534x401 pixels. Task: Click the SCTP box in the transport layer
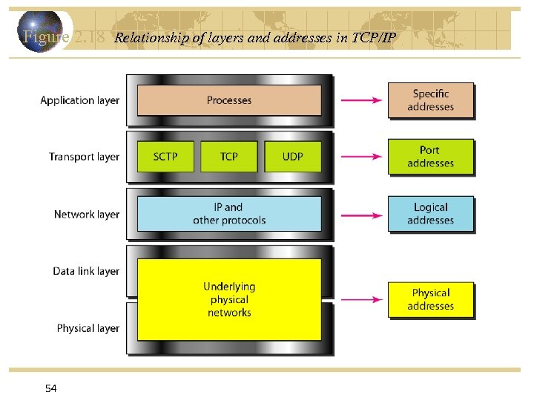point(165,157)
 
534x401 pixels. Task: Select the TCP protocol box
point(229,157)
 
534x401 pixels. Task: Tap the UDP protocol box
point(293,157)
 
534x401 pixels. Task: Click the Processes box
point(229,100)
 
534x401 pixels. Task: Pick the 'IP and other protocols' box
point(229,214)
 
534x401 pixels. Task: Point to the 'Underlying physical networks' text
point(229,299)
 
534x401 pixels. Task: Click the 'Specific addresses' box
point(430,100)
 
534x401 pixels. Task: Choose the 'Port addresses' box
point(430,157)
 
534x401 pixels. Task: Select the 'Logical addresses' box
point(430,214)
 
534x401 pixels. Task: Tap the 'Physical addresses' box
point(430,299)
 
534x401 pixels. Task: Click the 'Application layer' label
point(79,100)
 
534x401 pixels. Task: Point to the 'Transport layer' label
point(84,157)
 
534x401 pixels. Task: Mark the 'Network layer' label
point(86,215)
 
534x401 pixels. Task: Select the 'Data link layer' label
point(86,272)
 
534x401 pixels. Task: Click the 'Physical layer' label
point(88,328)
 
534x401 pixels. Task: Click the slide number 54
point(50,388)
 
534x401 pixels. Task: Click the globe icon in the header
point(42,30)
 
